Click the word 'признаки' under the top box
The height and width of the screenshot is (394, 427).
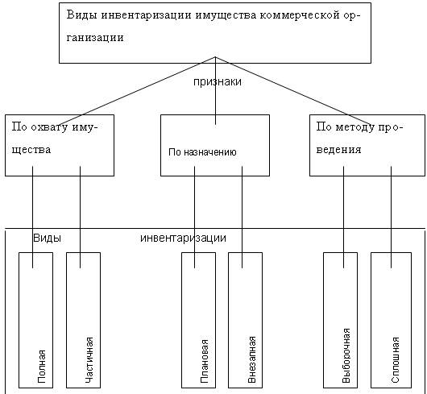click(218, 82)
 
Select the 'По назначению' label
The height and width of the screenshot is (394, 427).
click(202, 152)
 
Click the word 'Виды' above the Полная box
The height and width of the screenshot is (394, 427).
click(47, 238)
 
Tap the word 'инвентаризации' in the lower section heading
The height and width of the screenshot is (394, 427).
click(183, 238)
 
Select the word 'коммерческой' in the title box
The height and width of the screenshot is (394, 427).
click(300, 15)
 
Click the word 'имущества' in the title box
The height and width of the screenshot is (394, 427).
click(226, 15)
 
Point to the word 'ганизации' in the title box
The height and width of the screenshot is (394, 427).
click(95, 38)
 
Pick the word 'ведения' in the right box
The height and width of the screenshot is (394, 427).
click(338, 150)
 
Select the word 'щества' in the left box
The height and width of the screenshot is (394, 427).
click(31, 150)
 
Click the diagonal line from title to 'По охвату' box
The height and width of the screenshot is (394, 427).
click(137, 91)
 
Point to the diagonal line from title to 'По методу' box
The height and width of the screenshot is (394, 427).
click(293, 91)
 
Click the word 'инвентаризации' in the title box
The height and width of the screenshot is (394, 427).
click(147, 15)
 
